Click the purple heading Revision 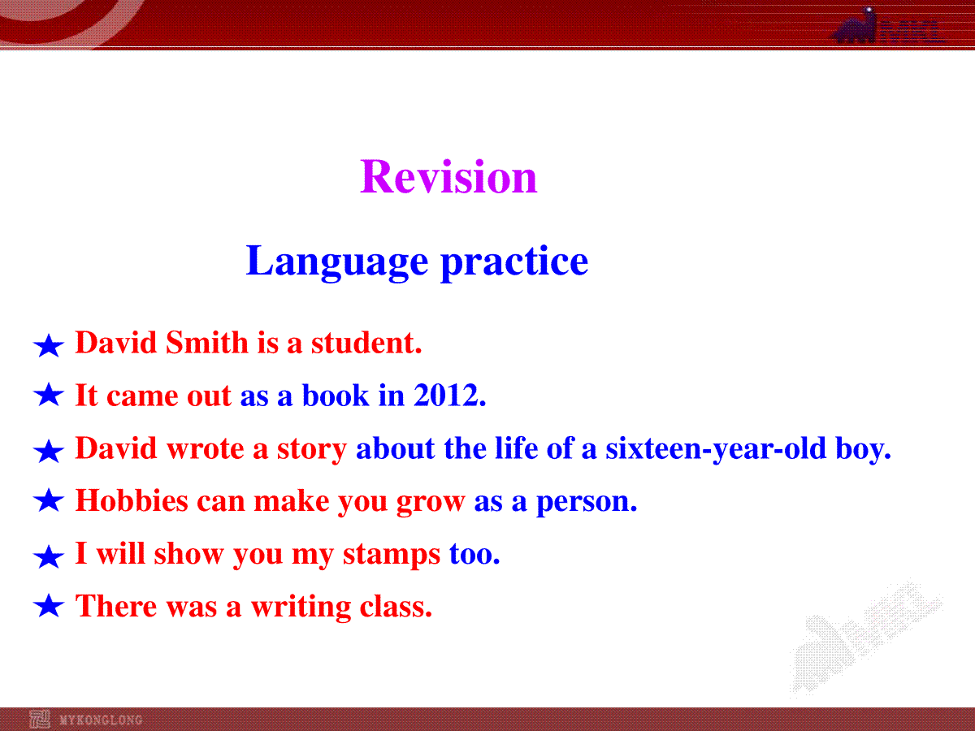[448, 177]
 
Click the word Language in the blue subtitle [337, 262]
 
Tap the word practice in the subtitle [514, 262]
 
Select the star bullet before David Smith [49, 346]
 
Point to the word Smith [206, 343]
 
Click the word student [366, 343]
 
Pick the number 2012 [449, 395]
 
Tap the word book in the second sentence [336, 395]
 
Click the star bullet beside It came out [49, 395]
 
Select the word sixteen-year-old [716, 448]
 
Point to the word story [312, 448]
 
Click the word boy [864, 448]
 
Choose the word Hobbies [132, 500]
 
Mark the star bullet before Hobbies [49, 500]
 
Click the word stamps [392, 555]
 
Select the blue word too [474, 554]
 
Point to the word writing [301, 607]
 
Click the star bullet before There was [49, 606]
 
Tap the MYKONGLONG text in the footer [101, 720]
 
